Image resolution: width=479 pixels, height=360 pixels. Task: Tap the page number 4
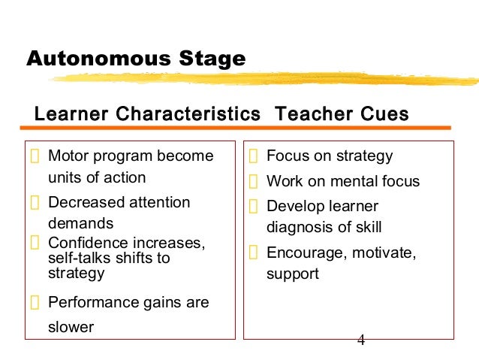tap(361, 340)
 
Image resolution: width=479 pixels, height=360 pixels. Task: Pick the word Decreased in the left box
tap(85, 202)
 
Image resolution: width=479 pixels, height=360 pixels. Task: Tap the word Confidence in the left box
tap(86, 244)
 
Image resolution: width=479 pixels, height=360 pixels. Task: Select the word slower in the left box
tap(71, 327)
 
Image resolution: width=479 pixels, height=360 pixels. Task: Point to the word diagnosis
tap(298, 227)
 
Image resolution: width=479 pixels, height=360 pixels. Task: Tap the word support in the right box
tap(293, 274)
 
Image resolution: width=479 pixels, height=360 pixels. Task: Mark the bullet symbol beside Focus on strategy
tap(254, 157)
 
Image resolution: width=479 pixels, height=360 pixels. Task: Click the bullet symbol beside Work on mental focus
tap(254, 181)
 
